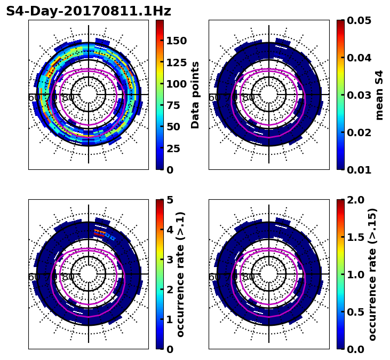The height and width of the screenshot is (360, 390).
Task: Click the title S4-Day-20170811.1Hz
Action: (89, 11)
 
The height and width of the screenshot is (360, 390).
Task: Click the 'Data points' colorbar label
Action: (195, 95)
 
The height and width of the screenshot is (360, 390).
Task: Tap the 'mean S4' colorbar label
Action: (379, 95)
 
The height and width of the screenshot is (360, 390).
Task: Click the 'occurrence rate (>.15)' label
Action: (372, 274)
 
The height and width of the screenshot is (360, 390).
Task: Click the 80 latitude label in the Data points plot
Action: (68, 98)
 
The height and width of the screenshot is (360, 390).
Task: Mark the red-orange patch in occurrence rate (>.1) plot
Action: (100, 232)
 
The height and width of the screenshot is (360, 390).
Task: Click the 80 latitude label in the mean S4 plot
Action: (249, 98)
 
